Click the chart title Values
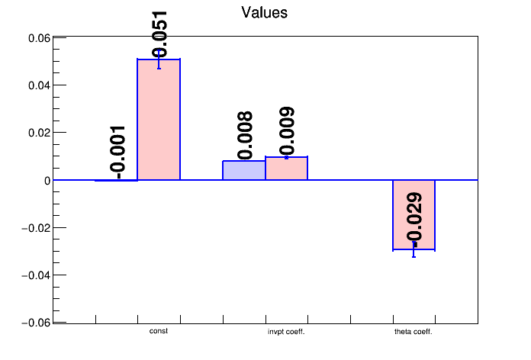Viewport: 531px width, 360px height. tap(265, 13)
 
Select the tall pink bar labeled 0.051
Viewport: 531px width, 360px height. tap(159, 119)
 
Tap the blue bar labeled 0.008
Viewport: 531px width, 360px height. tap(244, 170)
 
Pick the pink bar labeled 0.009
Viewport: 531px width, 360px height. tap(287, 168)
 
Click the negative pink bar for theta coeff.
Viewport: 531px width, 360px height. tap(414, 215)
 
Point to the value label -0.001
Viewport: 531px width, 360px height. tap(117, 153)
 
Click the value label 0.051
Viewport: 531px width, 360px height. tap(159, 34)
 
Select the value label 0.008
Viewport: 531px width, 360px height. tap(244, 135)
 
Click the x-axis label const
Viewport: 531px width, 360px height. tap(159, 331)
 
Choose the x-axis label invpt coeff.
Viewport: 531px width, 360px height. tap(286, 332)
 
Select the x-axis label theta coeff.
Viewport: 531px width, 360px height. tap(414, 332)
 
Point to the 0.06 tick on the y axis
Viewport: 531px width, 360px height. tap(39, 38)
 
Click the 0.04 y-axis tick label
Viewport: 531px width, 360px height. tap(39, 85)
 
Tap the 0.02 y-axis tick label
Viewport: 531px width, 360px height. tap(39, 133)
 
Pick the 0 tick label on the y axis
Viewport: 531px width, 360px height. tap(47, 181)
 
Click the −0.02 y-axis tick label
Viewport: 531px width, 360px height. tap(36, 228)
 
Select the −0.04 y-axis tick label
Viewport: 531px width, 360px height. tap(36, 275)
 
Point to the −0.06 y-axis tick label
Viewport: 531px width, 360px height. tap(36, 323)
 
